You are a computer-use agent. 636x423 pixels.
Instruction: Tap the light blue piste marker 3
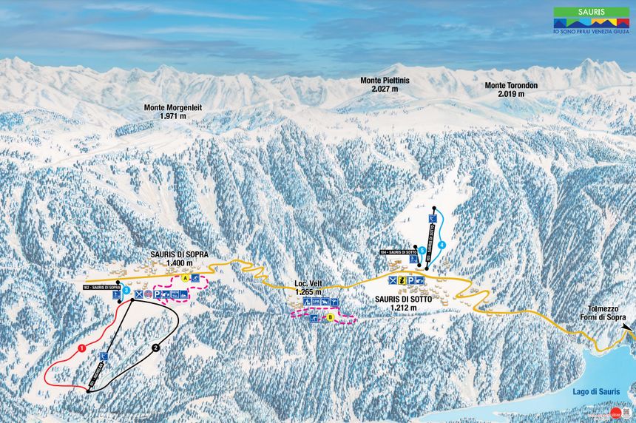coord(127,290)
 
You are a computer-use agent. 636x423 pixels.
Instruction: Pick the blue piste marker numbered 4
coord(442,244)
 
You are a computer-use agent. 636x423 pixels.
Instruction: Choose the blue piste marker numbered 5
coord(422,250)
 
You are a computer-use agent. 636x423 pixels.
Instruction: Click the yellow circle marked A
coord(185,278)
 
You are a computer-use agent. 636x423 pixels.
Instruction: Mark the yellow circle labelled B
coord(331,318)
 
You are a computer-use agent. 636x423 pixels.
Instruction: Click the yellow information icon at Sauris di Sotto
coord(402,280)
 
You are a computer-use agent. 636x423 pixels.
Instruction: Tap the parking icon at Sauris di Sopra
coord(158,294)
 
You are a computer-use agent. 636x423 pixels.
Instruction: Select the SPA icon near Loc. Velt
coord(316,302)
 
